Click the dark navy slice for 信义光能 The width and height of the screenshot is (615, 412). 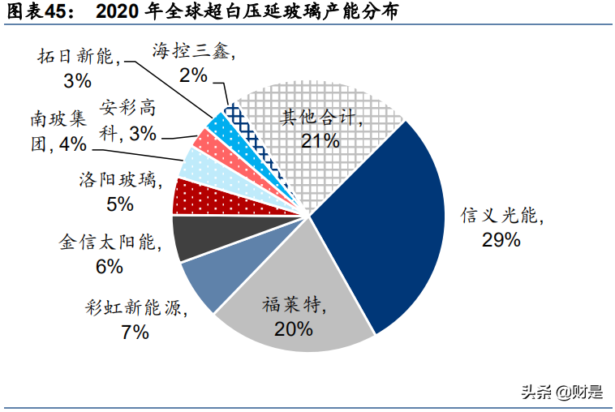(x=381, y=227)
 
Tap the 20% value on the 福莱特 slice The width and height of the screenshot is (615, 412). (x=293, y=328)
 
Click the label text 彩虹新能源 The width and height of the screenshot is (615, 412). (x=135, y=308)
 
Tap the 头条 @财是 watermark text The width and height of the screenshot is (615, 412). (x=561, y=393)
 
